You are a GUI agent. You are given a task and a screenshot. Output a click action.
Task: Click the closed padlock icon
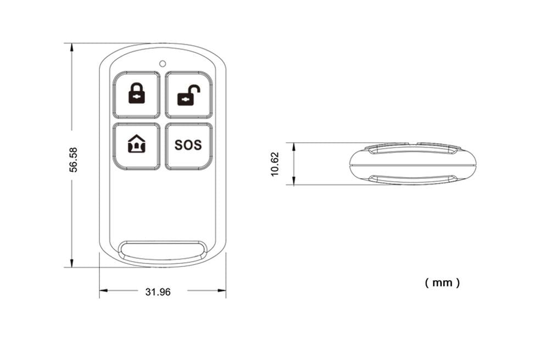[137, 93]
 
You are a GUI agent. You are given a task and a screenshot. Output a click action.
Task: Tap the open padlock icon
[188, 95]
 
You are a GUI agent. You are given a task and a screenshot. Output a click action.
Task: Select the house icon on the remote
[137, 144]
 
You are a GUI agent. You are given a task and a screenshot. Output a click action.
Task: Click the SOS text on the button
[188, 145]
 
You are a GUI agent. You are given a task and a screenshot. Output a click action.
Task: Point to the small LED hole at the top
[163, 63]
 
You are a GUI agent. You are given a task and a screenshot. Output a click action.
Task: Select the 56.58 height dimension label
[74, 159]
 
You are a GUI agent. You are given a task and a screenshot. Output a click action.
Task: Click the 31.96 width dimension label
[158, 292]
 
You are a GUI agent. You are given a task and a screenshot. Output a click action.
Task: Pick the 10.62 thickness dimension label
[275, 164]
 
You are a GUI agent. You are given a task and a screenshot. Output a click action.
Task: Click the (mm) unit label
[442, 283]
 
